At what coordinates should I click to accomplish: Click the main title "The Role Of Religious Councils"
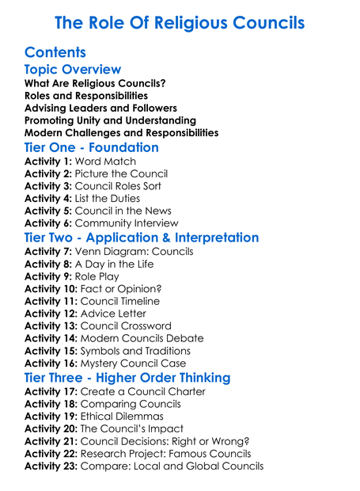coord(180,22)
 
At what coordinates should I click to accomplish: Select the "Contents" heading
coord(55,52)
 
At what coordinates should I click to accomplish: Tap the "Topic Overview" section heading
coord(73,70)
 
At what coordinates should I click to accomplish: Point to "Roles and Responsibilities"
coord(86,96)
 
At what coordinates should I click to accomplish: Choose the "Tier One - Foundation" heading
coord(92,147)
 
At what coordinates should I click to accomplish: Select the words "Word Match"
coord(105,162)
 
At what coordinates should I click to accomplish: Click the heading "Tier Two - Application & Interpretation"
coord(142,238)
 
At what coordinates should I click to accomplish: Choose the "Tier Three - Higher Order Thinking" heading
coord(127,378)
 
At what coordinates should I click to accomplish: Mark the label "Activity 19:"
coord(51,417)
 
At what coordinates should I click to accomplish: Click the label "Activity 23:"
coord(51,466)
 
